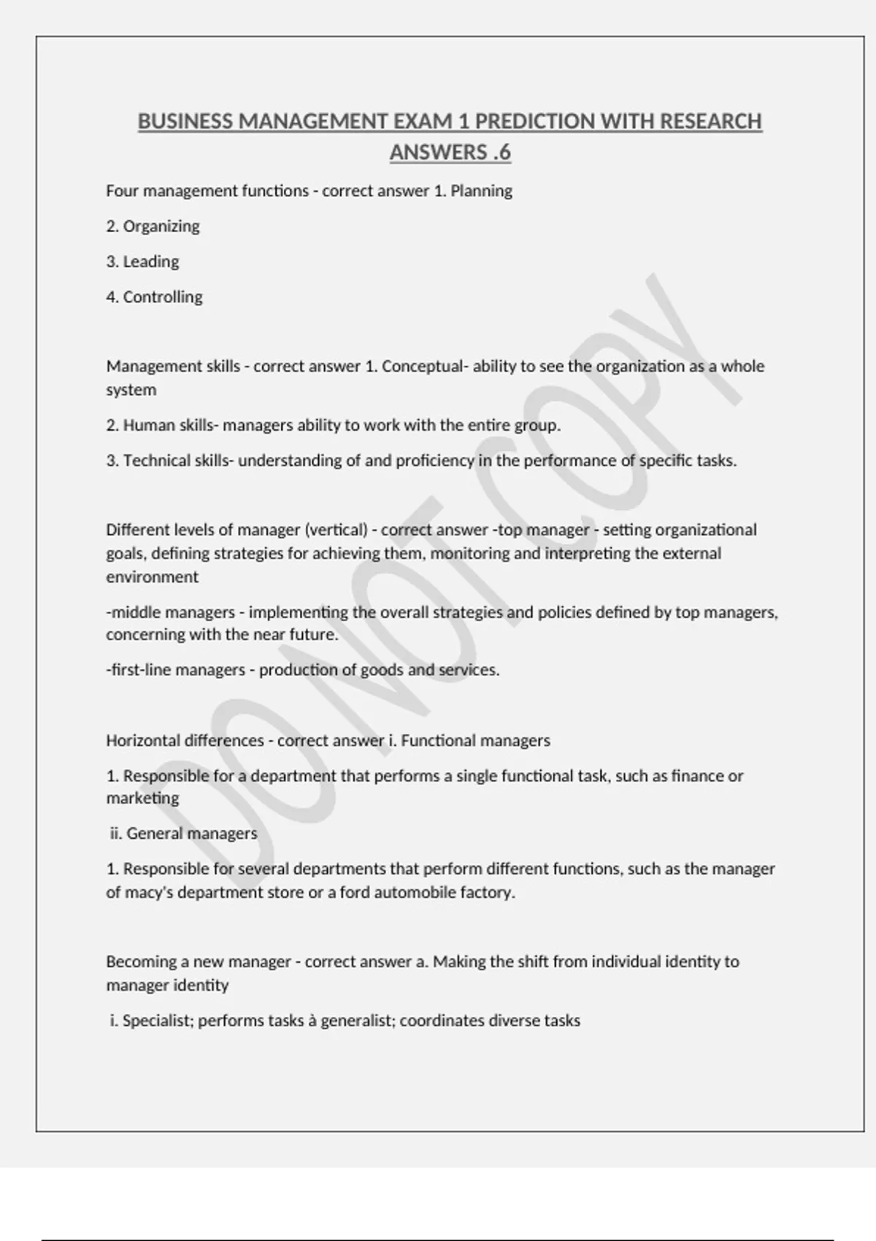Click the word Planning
pyautogui.click(x=481, y=191)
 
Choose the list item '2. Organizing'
pyautogui.click(x=153, y=226)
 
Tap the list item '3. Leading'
pyautogui.click(x=142, y=261)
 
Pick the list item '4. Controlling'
pyautogui.click(x=154, y=297)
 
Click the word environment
pyautogui.click(x=152, y=577)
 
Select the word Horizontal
pyautogui.click(x=143, y=741)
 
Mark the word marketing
pyautogui.click(x=142, y=799)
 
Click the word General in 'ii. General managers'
pyautogui.click(x=155, y=834)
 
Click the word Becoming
pyautogui.click(x=137, y=962)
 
